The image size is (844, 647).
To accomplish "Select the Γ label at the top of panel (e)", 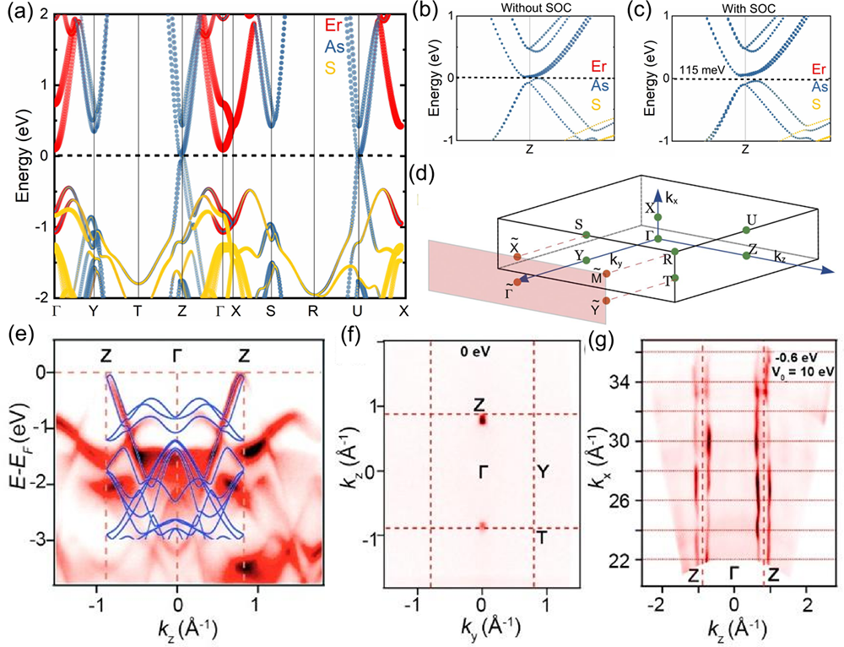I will [177, 355].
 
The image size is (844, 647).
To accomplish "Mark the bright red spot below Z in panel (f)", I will [482, 418].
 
